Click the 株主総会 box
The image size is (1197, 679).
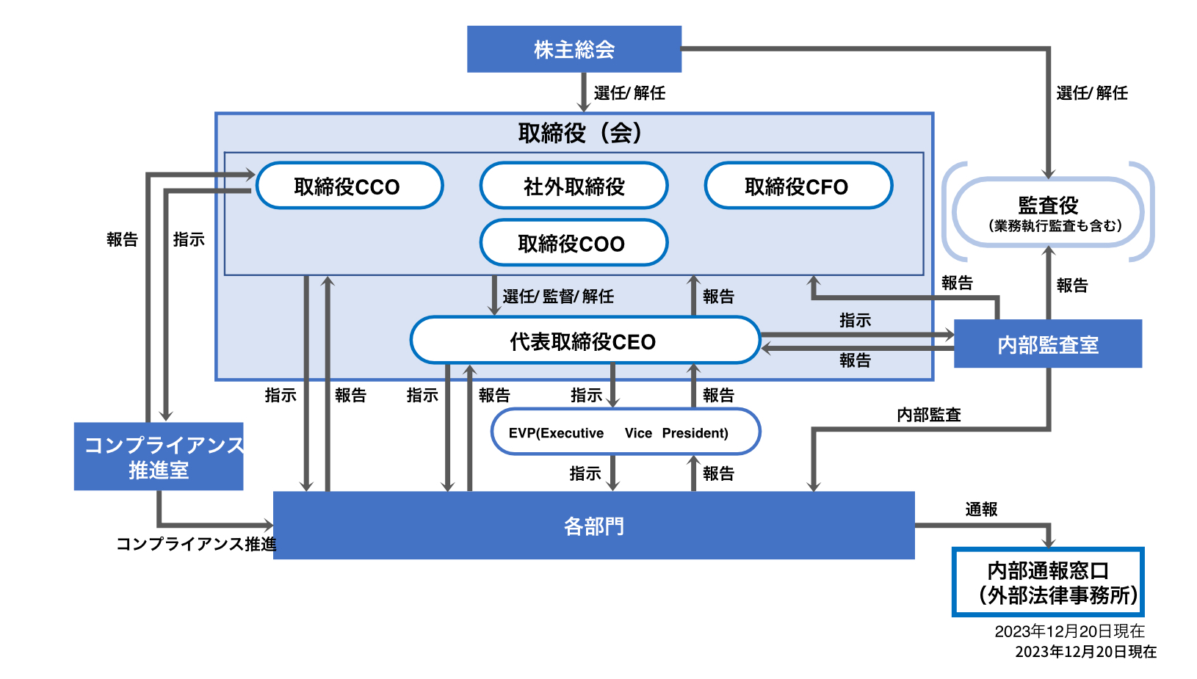[574, 49]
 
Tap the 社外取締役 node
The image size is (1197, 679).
[574, 186]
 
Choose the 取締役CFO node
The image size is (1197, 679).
[798, 186]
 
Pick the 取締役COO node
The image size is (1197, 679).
[574, 243]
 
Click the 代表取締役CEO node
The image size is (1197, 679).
[585, 341]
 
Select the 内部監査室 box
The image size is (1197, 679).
[1047, 344]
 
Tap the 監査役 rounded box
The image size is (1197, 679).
[1048, 212]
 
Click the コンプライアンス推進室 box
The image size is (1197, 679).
[159, 457]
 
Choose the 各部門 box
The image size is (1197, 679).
[593, 526]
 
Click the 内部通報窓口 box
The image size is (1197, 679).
[1048, 582]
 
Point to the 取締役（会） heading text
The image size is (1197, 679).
[580, 133]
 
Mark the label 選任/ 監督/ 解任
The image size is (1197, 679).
[558, 297]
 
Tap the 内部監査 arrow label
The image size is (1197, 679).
[929, 415]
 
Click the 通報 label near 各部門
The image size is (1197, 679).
[981, 509]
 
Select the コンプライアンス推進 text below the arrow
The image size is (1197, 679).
[195, 544]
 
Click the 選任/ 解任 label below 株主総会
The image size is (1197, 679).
[629, 93]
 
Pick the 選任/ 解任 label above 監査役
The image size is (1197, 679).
[1092, 93]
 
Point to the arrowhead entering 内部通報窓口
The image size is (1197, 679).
[1049, 542]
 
